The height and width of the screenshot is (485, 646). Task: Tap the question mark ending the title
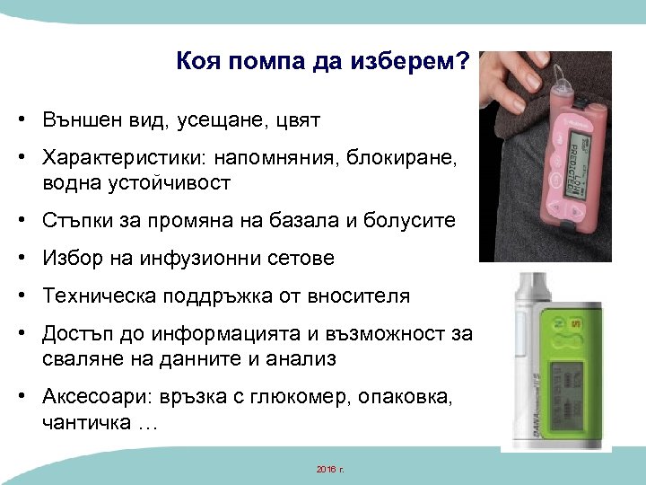click(x=463, y=63)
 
